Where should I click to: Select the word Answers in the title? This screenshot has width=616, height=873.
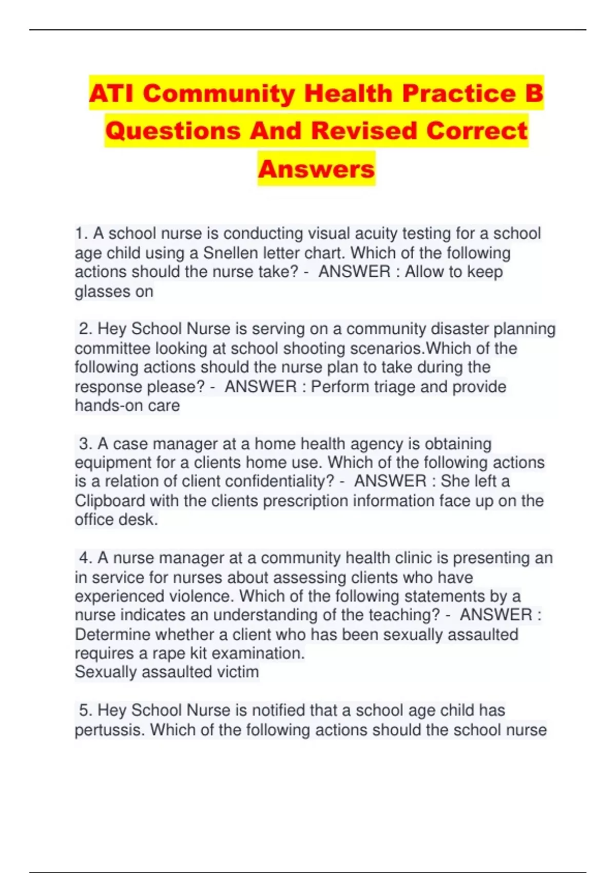tap(316, 169)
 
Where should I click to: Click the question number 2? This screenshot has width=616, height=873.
tap(85, 329)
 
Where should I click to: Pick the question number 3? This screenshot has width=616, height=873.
tap(85, 443)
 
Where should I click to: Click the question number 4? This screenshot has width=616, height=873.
tap(85, 558)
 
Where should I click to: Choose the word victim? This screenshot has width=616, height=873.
tap(236, 672)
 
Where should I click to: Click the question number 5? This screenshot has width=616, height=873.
tap(85, 710)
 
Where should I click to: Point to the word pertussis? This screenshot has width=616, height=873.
tap(109, 730)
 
